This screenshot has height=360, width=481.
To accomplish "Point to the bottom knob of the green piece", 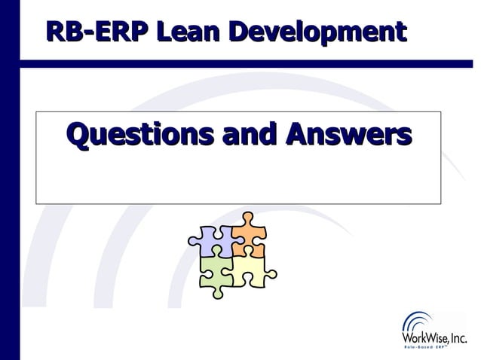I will tap(218, 291).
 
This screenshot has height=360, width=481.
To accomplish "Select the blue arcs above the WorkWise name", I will tap(418, 321).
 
